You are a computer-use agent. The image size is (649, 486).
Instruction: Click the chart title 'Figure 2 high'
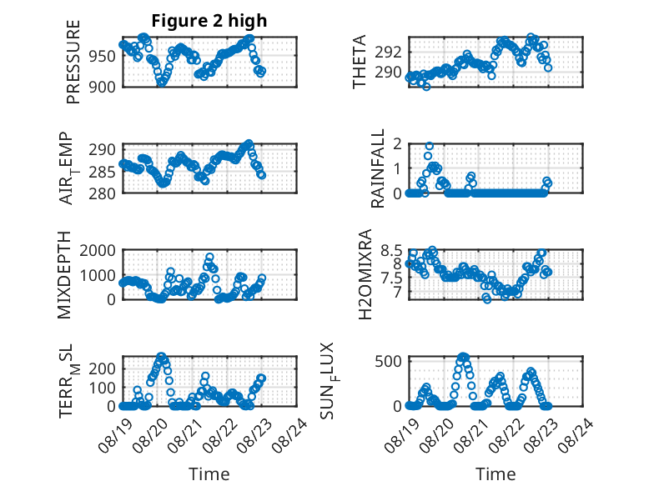coord(209,21)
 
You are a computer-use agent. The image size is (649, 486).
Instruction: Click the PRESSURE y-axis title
coord(73,62)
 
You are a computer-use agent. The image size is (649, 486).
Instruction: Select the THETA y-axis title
coord(360,62)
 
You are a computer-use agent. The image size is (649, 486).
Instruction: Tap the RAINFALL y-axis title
coord(378,168)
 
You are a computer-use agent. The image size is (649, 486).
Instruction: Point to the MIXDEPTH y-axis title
coord(64,275)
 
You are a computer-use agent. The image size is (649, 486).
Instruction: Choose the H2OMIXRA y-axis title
coord(365,274)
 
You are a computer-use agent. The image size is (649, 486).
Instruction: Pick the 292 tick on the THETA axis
coord(389,53)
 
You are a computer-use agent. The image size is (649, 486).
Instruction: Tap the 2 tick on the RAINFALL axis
coord(398,144)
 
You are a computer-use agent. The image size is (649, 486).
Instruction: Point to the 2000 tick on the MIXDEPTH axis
coord(98,250)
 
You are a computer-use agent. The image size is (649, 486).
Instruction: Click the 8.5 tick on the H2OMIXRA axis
coord(391,251)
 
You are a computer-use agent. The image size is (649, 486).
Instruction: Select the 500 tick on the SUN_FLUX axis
coord(389,361)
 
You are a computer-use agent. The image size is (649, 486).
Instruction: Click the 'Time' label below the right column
coord(496,474)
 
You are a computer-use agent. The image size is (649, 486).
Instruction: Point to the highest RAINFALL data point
coord(430,146)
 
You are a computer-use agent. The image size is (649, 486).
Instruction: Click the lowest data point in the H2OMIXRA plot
coord(487,299)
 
